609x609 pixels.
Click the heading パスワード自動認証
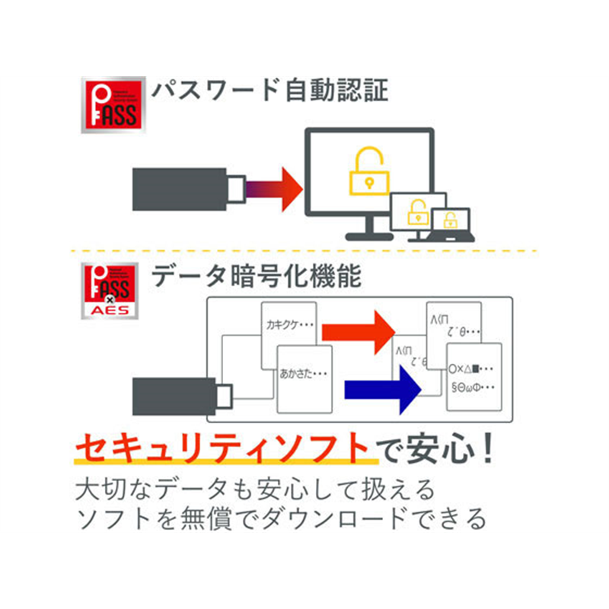click(269, 92)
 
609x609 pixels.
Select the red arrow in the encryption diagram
click(358, 330)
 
